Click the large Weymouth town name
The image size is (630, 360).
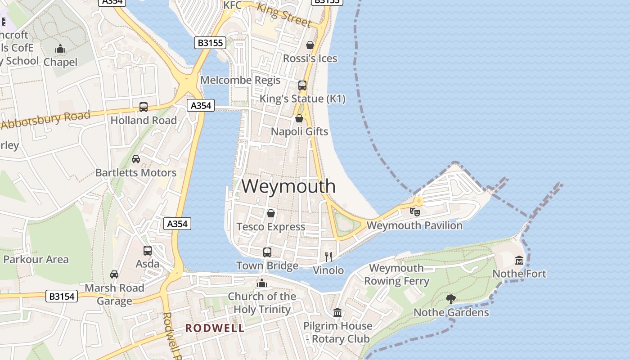(x=288, y=186)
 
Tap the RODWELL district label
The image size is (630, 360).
(x=215, y=328)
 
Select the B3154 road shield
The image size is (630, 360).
(x=62, y=296)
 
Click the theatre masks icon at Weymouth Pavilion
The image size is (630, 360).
(x=414, y=211)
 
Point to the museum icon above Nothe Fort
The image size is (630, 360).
(x=519, y=260)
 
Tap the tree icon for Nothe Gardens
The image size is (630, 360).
(x=450, y=299)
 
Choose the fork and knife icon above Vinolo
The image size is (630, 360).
(x=328, y=256)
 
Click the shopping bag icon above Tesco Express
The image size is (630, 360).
(x=271, y=213)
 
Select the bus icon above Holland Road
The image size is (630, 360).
(x=144, y=107)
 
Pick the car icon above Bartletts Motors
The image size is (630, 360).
(x=136, y=159)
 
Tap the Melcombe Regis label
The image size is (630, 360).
(x=240, y=80)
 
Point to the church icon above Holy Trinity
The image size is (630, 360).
(x=261, y=283)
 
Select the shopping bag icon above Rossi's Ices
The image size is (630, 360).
(x=310, y=45)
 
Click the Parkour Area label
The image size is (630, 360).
(x=36, y=259)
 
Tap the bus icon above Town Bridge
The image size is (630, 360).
(x=267, y=252)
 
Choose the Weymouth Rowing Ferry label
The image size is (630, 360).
(x=396, y=274)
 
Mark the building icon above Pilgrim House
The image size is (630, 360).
(x=337, y=312)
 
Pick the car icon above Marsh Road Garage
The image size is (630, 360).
(x=114, y=274)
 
